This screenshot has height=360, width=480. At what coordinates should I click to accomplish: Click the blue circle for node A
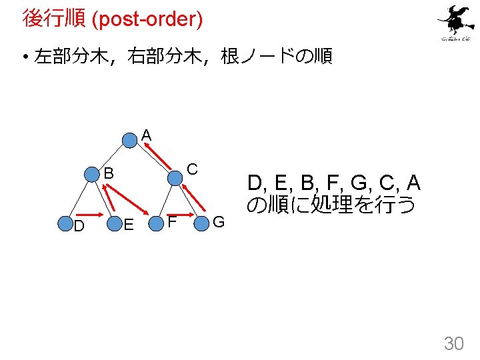(x=130, y=140)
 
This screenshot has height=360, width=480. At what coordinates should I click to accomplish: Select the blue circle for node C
(x=175, y=177)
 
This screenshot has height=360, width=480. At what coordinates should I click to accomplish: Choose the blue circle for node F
(x=157, y=222)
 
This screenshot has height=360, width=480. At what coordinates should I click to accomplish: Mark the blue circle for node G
(x=202, y=221)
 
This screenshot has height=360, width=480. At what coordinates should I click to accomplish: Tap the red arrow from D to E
(x=91, y=221)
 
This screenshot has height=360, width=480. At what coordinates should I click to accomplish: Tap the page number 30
(x=453, y=343)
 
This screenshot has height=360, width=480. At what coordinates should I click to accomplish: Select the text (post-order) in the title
(x=147, y=19)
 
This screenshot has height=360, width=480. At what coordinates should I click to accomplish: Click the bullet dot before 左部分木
(x=24, y=58)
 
